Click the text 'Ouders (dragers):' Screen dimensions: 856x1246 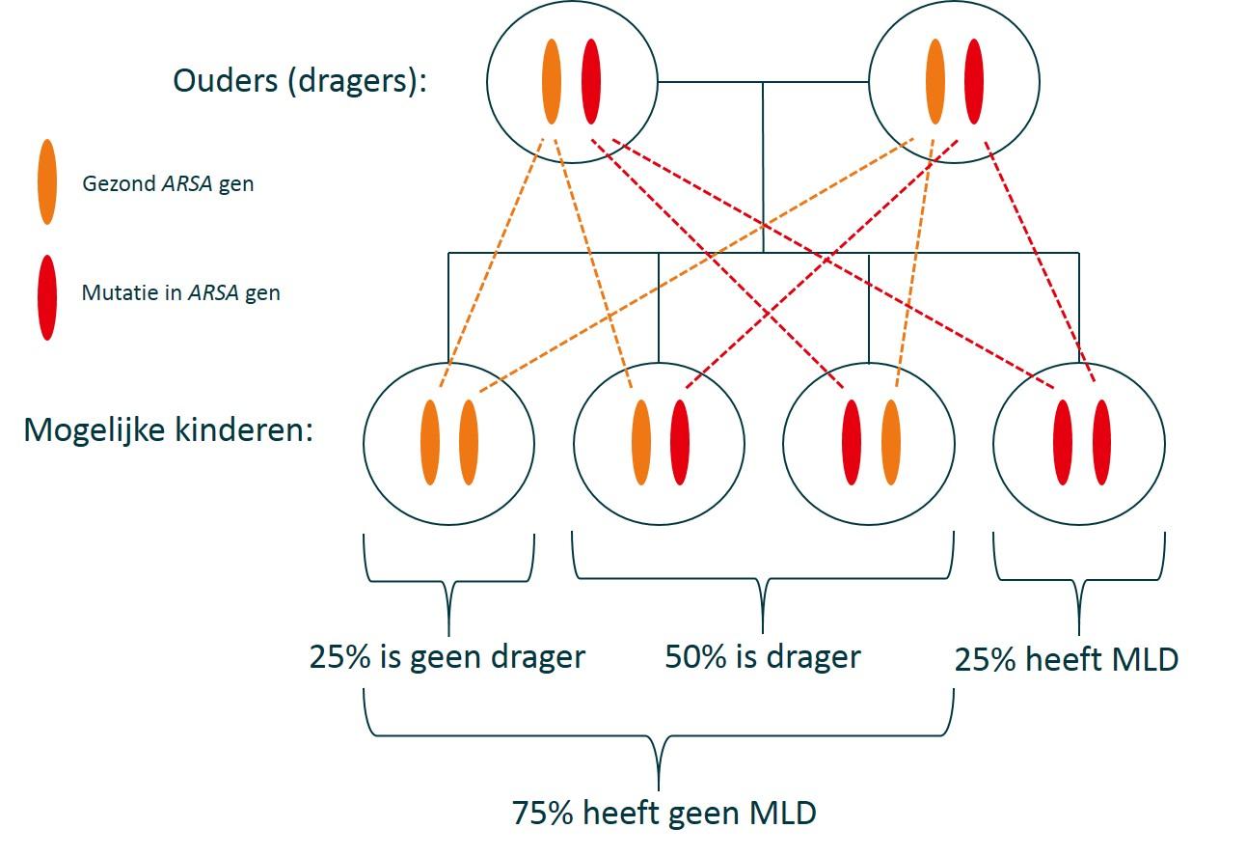point(299,81)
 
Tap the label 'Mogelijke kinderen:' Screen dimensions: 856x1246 point(169,430)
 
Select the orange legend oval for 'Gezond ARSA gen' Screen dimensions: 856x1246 point(46,182)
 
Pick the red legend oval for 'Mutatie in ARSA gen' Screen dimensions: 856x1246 point(46,296)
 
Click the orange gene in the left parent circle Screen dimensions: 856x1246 point(552,81)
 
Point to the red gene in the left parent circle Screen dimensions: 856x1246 point(591,81)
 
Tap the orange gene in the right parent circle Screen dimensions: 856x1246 point(934,81)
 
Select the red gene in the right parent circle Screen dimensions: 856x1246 point(974,81)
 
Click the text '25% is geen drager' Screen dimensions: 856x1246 point(447,657)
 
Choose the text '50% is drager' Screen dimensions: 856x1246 point(762,657)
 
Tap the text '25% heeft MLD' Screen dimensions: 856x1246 point(1066,661)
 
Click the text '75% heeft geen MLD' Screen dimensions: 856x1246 point(664,813)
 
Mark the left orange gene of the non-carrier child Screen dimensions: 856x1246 point(430,443)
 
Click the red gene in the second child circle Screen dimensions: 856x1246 point(680,443)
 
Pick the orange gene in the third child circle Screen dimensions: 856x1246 point(891,443)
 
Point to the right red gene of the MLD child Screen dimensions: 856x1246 point(1101,443)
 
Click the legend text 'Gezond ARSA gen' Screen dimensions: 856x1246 point(168,182)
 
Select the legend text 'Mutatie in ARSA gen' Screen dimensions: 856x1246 point(180,292)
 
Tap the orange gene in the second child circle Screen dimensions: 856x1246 point(640,443)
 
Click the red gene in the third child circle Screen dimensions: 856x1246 point(852,443)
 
